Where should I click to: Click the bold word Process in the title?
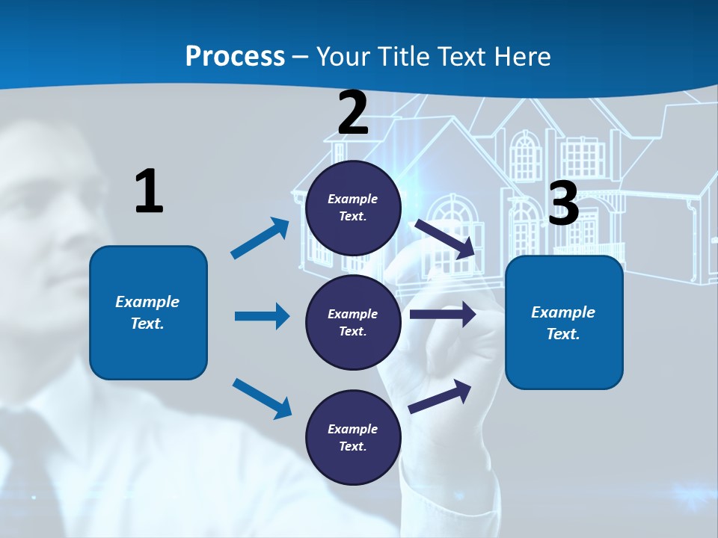click(x=235, y=56)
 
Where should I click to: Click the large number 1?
click(x=149, y=191)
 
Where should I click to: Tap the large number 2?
click(x=353, y=113)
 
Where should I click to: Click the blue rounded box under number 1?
click(x=148, y=312)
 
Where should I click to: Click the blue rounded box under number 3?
click(x=564, y=322)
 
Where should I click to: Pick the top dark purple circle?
click(x=353, y=208)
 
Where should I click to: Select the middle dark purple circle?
click(x=353, y=322)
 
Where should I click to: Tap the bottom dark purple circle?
click(x=353, y=437)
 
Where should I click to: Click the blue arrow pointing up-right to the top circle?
click(x=260, y=238)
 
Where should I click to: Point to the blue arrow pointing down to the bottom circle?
click(x=262, y=398)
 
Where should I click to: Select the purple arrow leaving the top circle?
click(x=444, y=238)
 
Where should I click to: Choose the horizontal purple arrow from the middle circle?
click(x=443, y=315)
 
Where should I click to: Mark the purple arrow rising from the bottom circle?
click(x=440, y=396)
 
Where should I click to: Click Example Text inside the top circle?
click(x=353, y=208)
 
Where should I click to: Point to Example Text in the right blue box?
click(x=563, y=323)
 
